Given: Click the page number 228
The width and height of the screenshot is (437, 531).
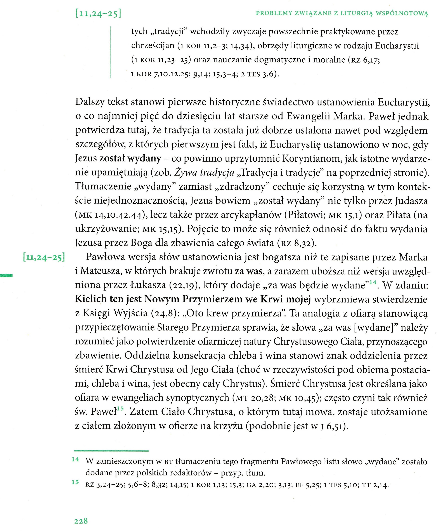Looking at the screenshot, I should coord(81,521).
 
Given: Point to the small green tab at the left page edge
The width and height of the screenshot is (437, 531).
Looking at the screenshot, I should coord(6,275).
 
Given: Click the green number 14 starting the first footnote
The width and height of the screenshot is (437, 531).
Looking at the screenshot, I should coord(75,459).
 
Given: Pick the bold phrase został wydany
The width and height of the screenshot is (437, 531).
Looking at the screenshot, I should coord(130,158).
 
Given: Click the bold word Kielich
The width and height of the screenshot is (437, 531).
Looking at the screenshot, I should coord(91,299).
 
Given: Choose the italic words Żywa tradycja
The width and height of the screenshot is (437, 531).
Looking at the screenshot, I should coord(204,173).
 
